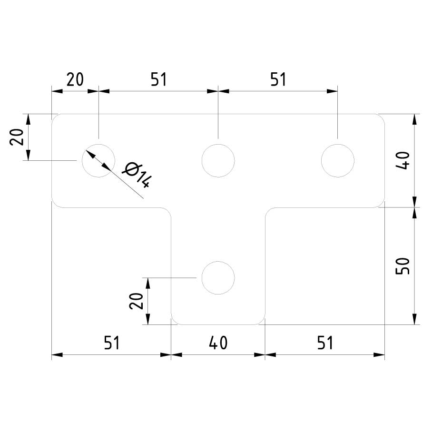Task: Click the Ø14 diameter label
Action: (x=137, y=176)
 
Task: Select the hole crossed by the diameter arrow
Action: (x=98, y=161)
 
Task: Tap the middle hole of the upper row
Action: (x=218, y=161)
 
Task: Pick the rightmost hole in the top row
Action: (x=338, y=161)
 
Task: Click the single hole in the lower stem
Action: (x=218, y=278)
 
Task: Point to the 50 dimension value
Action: (x=403, y=266)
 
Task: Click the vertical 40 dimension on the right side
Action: (x=403, y=160)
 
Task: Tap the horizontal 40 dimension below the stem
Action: (x=218, y=343)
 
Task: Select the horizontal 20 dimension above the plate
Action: (x=75, y=79)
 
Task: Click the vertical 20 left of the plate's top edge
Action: (x=17, y=137)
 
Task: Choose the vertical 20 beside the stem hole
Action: (x=137, y=301)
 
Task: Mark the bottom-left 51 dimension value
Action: (x=112, y=343)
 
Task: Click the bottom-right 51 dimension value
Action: (x=325, y=343)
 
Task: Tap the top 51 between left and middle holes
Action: (x=159, y=79)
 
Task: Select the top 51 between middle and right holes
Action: (x=278, y=79)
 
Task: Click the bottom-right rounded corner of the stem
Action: (x=262, y=321)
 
